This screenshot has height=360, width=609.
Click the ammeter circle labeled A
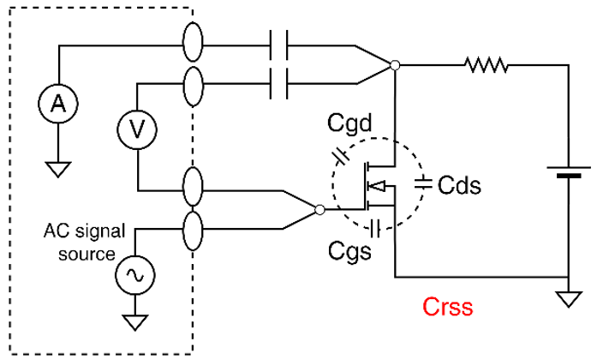coord(57,104)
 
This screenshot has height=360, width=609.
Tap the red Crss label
coord(447,307)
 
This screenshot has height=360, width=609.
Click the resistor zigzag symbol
coord(486,64)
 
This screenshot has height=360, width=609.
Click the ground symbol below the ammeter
coord(57,168)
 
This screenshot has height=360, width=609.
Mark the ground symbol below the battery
coord(567,299)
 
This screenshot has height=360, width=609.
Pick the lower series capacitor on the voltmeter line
coord(279,84)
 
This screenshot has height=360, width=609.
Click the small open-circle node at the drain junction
coord(394,65)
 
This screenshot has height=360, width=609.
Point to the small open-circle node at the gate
coord(319,209)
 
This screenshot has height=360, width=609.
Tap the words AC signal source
coord(83,243)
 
